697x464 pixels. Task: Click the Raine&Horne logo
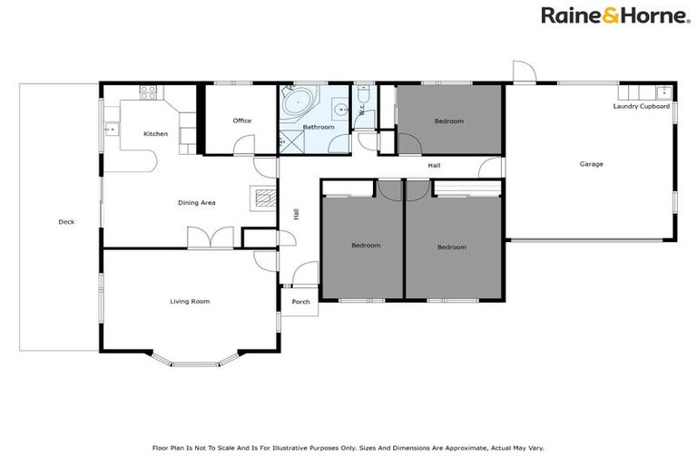[614, 14]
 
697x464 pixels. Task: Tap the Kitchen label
[155, 134]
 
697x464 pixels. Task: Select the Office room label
[241, 121]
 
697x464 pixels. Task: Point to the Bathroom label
[319, 127]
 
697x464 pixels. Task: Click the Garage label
[592, 164]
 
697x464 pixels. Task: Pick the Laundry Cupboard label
[641, 106]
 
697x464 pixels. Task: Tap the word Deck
[66, 222]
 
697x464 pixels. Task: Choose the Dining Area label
[196, 202]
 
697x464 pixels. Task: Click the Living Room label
[190, 301]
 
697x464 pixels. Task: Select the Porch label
[300, 302]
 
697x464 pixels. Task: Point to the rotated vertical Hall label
[296, 215]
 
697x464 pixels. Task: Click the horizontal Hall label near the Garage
[435, 166]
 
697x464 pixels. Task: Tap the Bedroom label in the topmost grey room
[448, 121]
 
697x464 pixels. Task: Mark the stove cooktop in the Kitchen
[148, 91]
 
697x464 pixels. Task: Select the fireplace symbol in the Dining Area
[261, 198]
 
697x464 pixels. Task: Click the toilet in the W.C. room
[361, 95]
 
